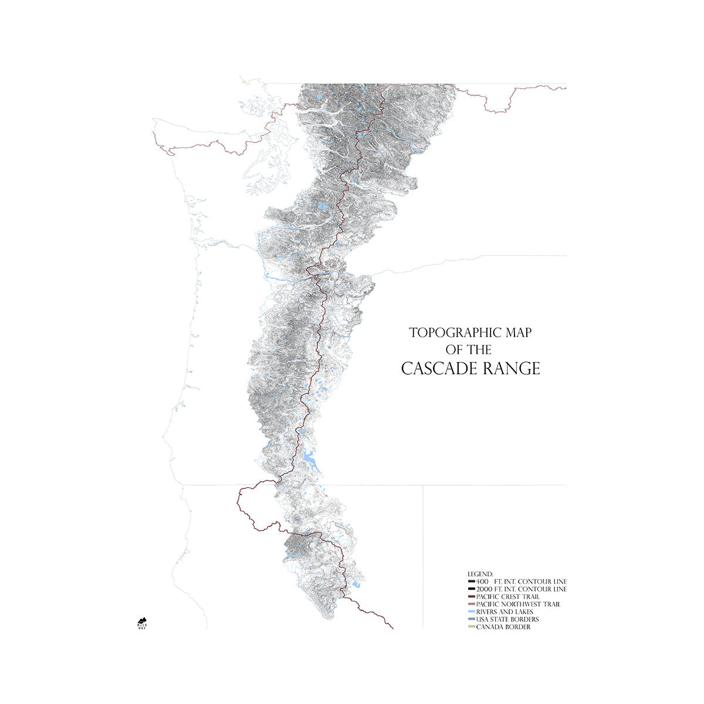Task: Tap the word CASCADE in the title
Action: (x=438, y=369)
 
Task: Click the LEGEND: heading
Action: (x=480, y=573)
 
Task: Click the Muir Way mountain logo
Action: (x=141, y=621)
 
